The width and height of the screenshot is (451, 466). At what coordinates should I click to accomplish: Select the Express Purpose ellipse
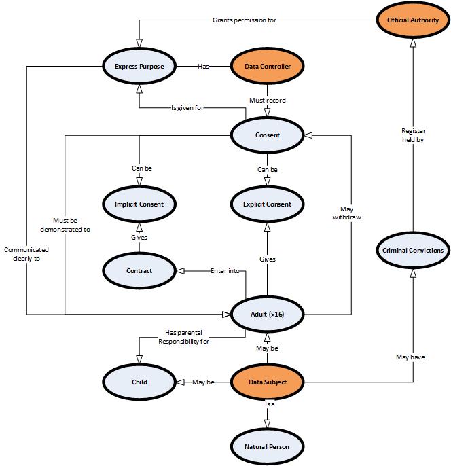139,67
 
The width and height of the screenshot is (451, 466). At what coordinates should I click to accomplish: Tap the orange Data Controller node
267,67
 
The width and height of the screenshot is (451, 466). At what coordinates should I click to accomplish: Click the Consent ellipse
267,135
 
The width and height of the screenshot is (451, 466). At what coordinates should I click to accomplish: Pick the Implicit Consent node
139,203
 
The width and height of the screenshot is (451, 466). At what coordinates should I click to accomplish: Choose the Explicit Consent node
267,203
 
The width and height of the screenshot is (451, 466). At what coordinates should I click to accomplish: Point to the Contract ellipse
139,270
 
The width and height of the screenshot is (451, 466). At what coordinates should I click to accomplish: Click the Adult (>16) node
267,315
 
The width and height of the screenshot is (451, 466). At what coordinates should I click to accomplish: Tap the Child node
139,382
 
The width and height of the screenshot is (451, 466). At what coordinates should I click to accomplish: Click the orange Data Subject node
267,382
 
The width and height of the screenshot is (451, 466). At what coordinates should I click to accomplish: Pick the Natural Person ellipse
267,446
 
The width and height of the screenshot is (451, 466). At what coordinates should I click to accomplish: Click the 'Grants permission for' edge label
245,19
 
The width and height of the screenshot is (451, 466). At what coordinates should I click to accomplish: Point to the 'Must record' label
267,101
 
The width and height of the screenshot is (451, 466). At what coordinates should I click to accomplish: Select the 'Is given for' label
188,107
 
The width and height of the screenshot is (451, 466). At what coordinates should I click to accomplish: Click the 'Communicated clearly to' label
26,254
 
